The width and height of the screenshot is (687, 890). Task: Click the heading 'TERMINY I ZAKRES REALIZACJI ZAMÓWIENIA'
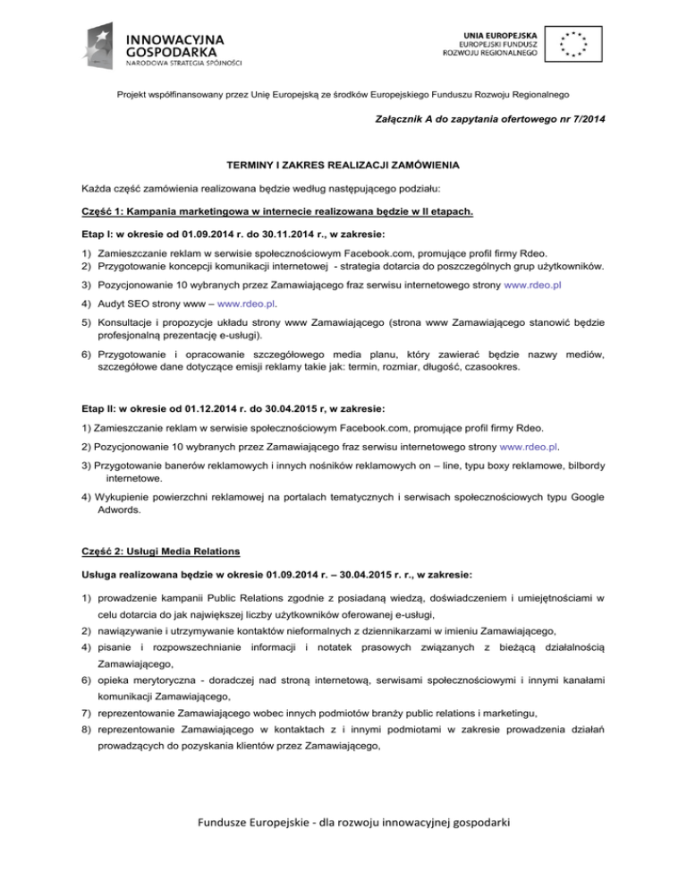[343, 165]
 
